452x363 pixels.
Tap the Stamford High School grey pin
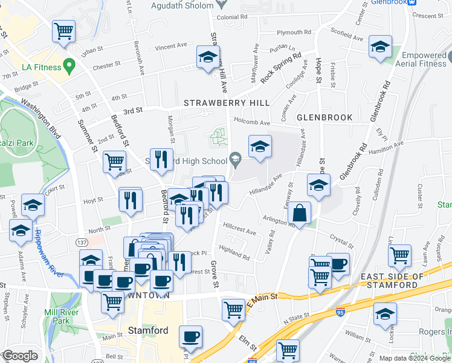[x=235, y=160]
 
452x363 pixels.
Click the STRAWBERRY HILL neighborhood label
[x=227, y=103]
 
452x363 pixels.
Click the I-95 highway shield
[x=340, y=313]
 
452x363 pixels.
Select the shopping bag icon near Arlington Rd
[x=300, y=214]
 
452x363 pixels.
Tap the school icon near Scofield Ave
[x=380, y=47]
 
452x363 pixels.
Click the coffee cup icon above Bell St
[x=191, y=336]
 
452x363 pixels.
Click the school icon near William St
[x=384, y=314]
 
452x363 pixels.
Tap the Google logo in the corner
[x=20, y=356]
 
